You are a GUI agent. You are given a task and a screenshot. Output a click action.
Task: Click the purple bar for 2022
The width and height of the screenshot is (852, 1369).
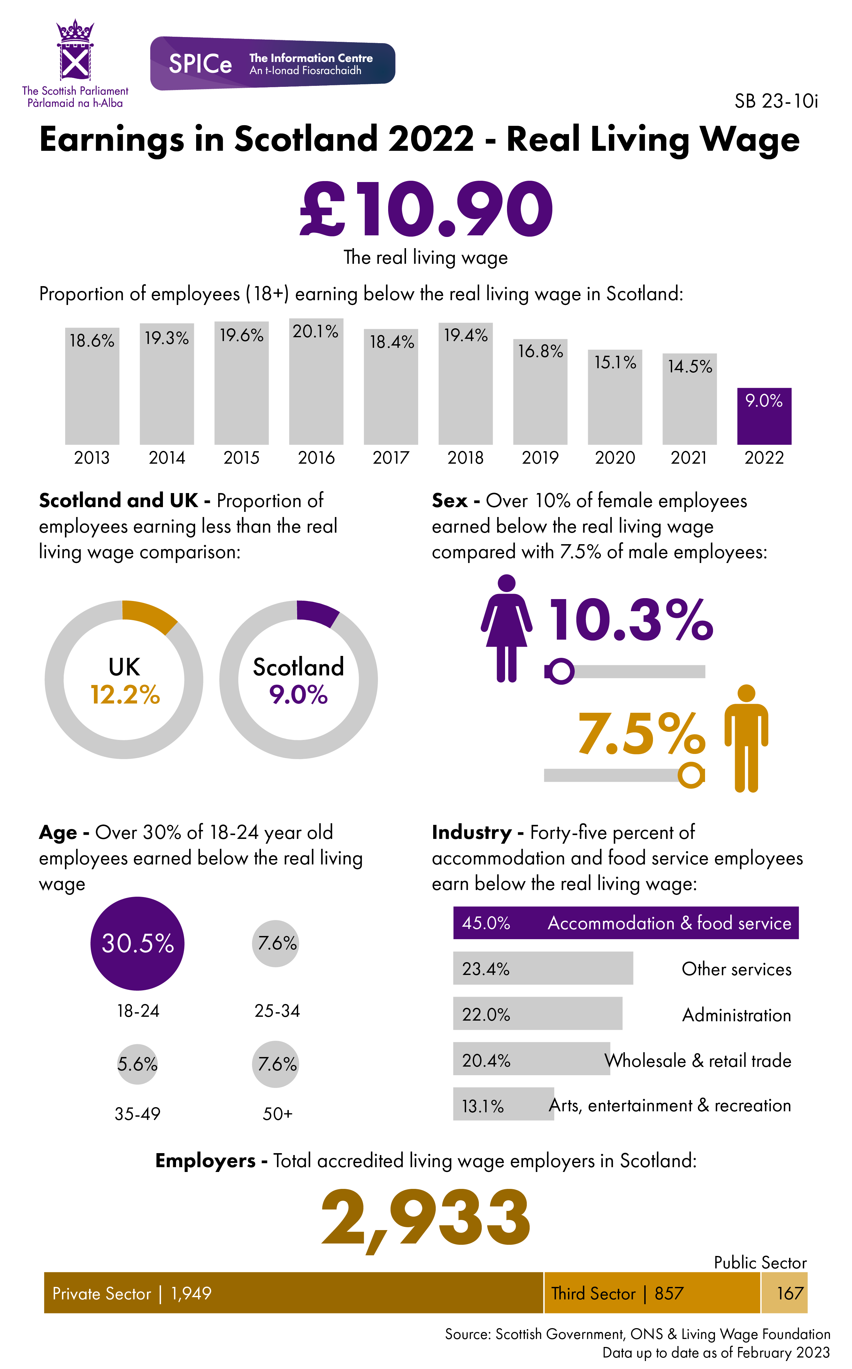coord(764,416)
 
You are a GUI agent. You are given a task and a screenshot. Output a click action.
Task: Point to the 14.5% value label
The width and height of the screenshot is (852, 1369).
coord(690,367)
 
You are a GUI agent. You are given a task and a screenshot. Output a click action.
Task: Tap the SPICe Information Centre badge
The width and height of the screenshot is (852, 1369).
coord(273,63)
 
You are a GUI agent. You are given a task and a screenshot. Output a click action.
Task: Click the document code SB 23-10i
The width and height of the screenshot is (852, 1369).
coord(776,101)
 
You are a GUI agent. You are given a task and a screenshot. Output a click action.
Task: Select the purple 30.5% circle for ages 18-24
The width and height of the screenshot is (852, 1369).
coord(137,943)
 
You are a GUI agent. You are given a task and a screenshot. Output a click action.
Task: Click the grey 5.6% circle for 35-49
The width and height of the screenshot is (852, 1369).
coord(137,1064)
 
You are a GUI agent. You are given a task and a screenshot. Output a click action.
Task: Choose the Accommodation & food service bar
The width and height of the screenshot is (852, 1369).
coord(626,923)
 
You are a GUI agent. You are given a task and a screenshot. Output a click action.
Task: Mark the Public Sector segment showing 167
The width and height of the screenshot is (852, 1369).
coord(784,1293)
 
